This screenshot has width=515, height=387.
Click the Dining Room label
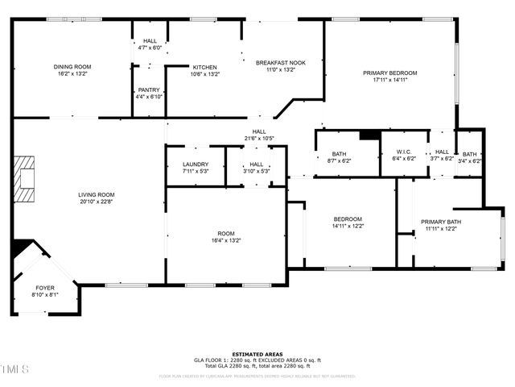pos(72,67)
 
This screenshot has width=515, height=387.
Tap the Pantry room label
pos(149,89)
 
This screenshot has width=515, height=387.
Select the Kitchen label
pos(204,67)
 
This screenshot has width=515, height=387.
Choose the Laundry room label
pos(196,164)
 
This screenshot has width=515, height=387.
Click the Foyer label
pos(45,287)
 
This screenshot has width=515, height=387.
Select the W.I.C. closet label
pos(402,152)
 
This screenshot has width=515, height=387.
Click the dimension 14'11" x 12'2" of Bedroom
pos(348,226)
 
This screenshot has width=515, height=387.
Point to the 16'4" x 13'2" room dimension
pos(225,240)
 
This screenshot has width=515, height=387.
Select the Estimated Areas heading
pos(257,354)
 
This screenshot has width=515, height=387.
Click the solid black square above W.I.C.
pos(369,135)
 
